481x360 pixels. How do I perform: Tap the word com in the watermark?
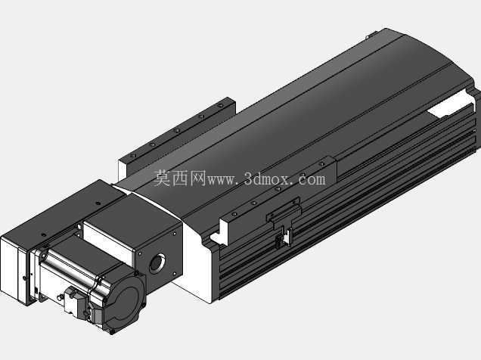click(x=312, y=180)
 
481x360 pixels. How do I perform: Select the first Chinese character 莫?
click(x=162, y=178)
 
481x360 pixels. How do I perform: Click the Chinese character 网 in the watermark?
click(x=197, y=178)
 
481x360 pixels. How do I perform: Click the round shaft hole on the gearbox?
click(x=157, y=263)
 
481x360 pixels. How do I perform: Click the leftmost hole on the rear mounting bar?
click(x=133, y=156)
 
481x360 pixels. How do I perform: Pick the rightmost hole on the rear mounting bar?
click(x=220, y=105)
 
